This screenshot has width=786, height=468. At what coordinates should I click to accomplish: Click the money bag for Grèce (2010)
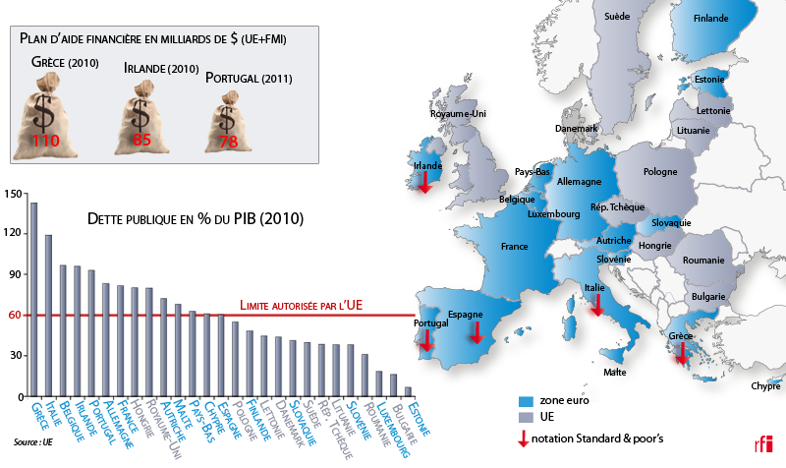45,116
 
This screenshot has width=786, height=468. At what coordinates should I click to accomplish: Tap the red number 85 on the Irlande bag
141,140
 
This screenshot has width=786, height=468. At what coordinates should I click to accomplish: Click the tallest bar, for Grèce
33,299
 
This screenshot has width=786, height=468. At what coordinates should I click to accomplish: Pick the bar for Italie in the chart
48,315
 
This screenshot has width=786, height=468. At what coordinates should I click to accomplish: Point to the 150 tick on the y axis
13,194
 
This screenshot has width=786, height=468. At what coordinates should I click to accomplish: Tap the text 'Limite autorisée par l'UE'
302,306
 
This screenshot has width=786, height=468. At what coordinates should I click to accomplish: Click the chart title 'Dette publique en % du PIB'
196,217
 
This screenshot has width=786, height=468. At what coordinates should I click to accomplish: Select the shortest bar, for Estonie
408,391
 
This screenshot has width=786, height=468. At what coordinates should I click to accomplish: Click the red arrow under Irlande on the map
423,183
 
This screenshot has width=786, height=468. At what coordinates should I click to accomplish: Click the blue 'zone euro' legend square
525,402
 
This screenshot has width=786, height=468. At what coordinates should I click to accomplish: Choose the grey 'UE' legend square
525,418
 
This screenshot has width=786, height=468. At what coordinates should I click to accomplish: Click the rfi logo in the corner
762,442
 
